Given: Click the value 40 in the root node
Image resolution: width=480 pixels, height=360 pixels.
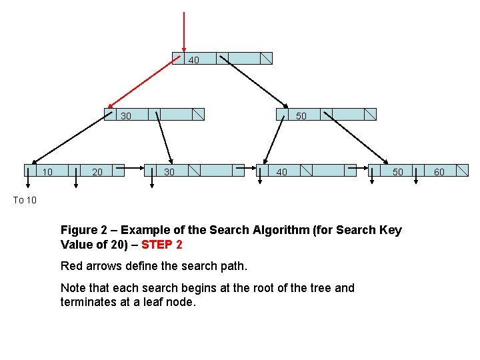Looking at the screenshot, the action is click(193, 60).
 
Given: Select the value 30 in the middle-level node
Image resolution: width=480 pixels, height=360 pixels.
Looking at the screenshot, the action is click(125, 116).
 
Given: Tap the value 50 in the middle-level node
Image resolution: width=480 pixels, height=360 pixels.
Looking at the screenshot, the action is click(301, 116).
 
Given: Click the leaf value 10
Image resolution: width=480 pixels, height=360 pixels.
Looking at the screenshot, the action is click(47, 172).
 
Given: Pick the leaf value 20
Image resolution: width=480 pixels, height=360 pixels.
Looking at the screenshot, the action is click(97, 172).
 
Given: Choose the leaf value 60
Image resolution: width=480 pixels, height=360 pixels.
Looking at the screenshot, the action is click(439, 172).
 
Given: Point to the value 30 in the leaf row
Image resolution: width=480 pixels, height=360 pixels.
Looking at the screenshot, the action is click(169, 172).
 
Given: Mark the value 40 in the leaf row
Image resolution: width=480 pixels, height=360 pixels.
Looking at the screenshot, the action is click(282, 172).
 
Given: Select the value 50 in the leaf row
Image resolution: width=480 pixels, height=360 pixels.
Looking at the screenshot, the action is click(397, 172).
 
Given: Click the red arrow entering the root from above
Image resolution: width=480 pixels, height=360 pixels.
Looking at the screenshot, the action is click(184, 30).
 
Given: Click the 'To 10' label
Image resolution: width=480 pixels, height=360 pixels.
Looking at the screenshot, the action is click(25, 200).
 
